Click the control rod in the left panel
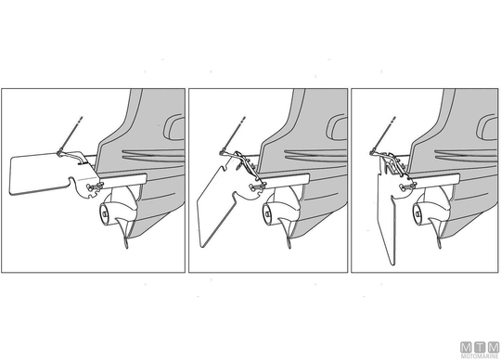point(71,135)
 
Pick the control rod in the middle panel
point(234,135)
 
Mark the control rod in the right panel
point(384,135)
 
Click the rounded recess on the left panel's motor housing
point(174,127)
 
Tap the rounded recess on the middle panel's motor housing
point(337,127)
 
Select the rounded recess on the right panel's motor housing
point(487,127)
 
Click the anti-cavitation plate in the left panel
point(123,180)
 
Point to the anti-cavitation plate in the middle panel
point(286,180)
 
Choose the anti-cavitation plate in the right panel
point(436,180)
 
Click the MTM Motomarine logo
point(480,350)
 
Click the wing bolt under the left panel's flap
point(93,187)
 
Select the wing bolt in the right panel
point(405,187)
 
